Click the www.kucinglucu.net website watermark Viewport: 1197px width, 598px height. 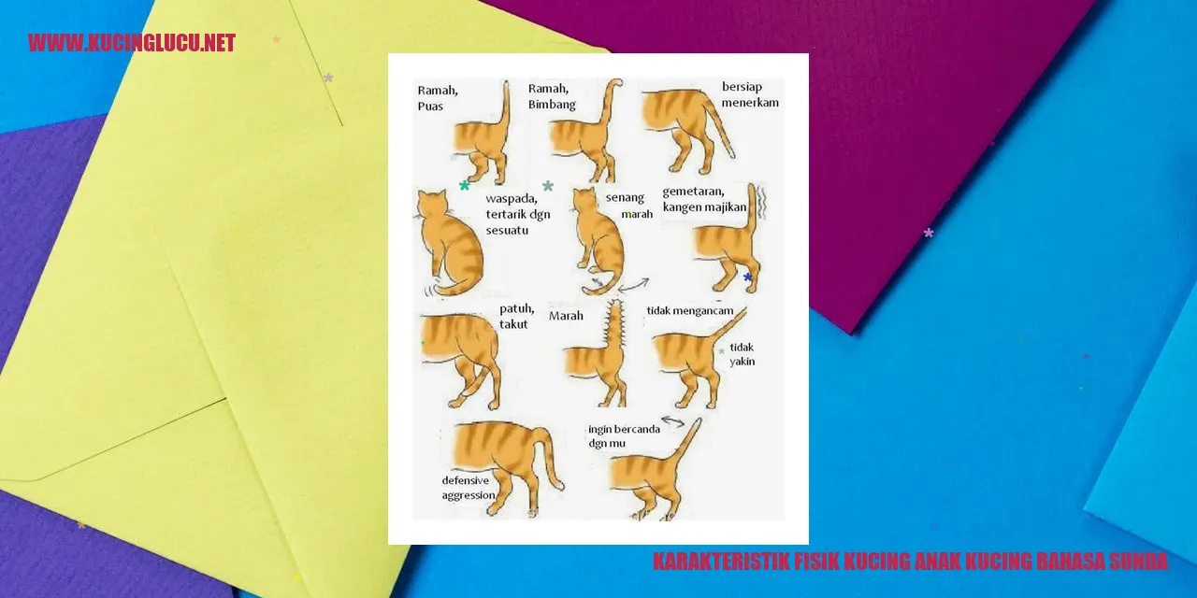point(132,43)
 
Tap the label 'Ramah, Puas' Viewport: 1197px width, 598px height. point(438,98)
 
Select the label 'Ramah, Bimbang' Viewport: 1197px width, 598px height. point(552,96)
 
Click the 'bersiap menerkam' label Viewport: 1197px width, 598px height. point(750,94)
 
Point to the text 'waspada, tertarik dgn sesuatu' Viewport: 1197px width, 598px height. point(518,214)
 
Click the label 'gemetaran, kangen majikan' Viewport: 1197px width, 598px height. point(704,199)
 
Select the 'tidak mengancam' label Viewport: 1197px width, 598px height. point(690,311)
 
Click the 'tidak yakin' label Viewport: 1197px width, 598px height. point(743,354)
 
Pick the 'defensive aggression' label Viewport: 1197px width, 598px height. point(469,488)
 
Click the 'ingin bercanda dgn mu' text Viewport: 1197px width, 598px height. point(624,435)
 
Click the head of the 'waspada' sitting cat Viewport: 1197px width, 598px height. point(432,204)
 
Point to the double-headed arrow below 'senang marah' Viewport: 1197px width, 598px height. point(633,286)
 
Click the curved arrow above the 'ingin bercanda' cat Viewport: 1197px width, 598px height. point(673,421)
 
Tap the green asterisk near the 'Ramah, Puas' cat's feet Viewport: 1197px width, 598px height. point(465,185)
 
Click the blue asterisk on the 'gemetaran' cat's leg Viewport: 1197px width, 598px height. point(747,277)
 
